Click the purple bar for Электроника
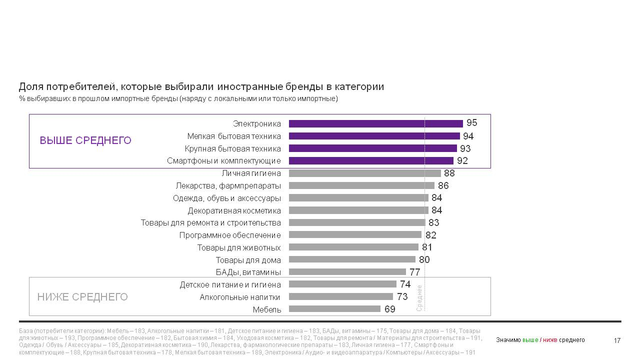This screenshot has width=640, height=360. [375, 123]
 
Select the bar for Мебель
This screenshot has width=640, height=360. [334, 309]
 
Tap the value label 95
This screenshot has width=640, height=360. [471, 123]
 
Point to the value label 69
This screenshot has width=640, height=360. [390, 309]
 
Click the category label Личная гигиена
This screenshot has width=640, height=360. [251, 173]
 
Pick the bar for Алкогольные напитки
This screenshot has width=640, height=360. [341, 296]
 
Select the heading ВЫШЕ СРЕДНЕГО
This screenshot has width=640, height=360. [85, 141]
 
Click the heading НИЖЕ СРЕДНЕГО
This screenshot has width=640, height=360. [82, 297]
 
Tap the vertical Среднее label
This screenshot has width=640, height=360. [419, 298]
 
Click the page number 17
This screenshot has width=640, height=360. [617, 341]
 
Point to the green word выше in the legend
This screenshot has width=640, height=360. [530, 340]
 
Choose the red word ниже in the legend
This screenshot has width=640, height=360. [550, 340]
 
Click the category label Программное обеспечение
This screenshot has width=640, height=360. [230, 235]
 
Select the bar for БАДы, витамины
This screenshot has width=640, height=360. [347, 272]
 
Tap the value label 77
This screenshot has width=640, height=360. [414, 272]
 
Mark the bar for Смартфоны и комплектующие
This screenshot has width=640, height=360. [371, 160]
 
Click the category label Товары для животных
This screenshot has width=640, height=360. [239, 247]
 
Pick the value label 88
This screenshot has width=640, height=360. [449, 173]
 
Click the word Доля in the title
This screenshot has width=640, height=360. [29, 87]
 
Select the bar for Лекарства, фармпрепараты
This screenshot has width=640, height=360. [361, 185]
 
